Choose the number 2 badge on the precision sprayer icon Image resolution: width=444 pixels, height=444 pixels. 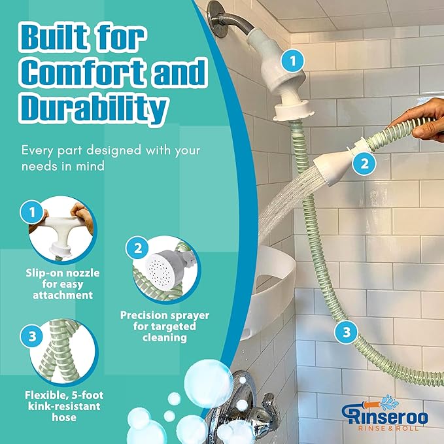tap(138, 248)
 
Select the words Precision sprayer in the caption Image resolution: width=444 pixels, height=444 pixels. tap(165, 315)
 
